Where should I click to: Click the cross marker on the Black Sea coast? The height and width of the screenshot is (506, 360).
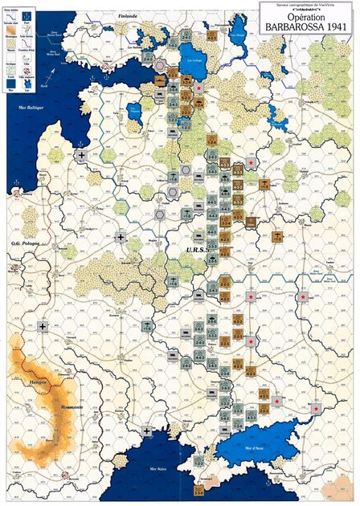click(148, 431)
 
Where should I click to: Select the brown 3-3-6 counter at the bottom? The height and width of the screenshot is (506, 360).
click(199, 489)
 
